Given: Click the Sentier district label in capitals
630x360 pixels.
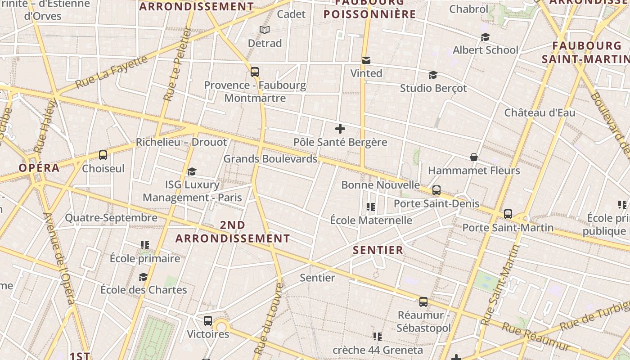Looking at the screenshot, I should [x=378, y=250].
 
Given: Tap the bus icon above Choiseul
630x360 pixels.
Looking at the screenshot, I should [x=103, y=155].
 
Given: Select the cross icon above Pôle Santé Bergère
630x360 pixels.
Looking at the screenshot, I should [x=340, y=129].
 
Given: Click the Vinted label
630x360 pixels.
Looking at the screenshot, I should [x=366, y=73].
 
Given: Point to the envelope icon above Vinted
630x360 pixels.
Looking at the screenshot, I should [x=366, y=60].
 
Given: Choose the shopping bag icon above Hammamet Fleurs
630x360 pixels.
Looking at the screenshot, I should [x=474, y=157].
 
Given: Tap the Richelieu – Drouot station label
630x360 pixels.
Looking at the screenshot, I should [x=181, y=142].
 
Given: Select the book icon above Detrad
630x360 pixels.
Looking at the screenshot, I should [x=265, y=30].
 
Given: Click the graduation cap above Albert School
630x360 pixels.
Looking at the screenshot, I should [x=485, y=37].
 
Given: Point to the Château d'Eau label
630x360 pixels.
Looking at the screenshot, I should [x=540, y=112].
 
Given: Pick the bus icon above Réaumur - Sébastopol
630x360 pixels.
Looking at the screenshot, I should [x=423, y=302].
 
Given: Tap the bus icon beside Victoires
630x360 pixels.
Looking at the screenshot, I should [x=207, y=321].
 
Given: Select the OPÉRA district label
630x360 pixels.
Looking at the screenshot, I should [x=39, y=168].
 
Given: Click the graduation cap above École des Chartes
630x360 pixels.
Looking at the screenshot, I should [x=143, y=277].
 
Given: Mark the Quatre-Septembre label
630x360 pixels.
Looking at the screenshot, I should [x=111, y=218].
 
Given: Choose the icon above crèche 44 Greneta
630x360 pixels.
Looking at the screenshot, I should [x=377, y=337].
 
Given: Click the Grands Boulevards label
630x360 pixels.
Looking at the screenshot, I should [x=270, y=159].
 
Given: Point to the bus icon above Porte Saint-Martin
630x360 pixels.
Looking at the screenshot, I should [x=508, y=214].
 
